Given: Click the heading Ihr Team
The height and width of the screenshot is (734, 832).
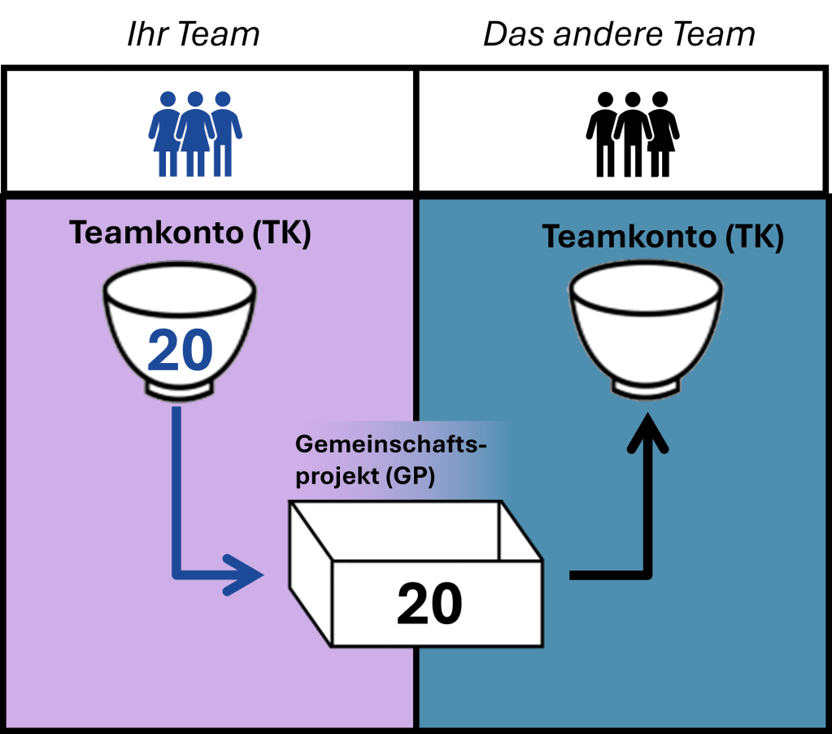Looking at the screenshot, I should tap(193, 34).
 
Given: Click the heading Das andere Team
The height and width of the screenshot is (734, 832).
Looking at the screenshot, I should tap(619, 34).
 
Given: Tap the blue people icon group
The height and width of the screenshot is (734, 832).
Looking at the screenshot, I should tap(195, 133).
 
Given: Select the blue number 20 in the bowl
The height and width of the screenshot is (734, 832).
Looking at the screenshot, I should tap(180, 351).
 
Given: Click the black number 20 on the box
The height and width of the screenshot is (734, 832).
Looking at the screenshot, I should tap(429, 604).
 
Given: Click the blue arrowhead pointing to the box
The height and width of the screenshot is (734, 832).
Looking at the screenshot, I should tap(248, 575).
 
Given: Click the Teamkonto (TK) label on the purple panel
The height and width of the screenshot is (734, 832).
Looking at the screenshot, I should tap(189, 234).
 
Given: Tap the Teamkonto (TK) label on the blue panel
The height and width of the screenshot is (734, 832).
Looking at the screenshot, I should tap(663, 237).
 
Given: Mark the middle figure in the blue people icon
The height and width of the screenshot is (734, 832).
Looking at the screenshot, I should tap(195, 133).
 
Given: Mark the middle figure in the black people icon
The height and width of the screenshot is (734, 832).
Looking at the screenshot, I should tap(632, 133).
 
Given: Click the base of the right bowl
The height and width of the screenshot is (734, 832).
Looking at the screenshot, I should tap(646, 389).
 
